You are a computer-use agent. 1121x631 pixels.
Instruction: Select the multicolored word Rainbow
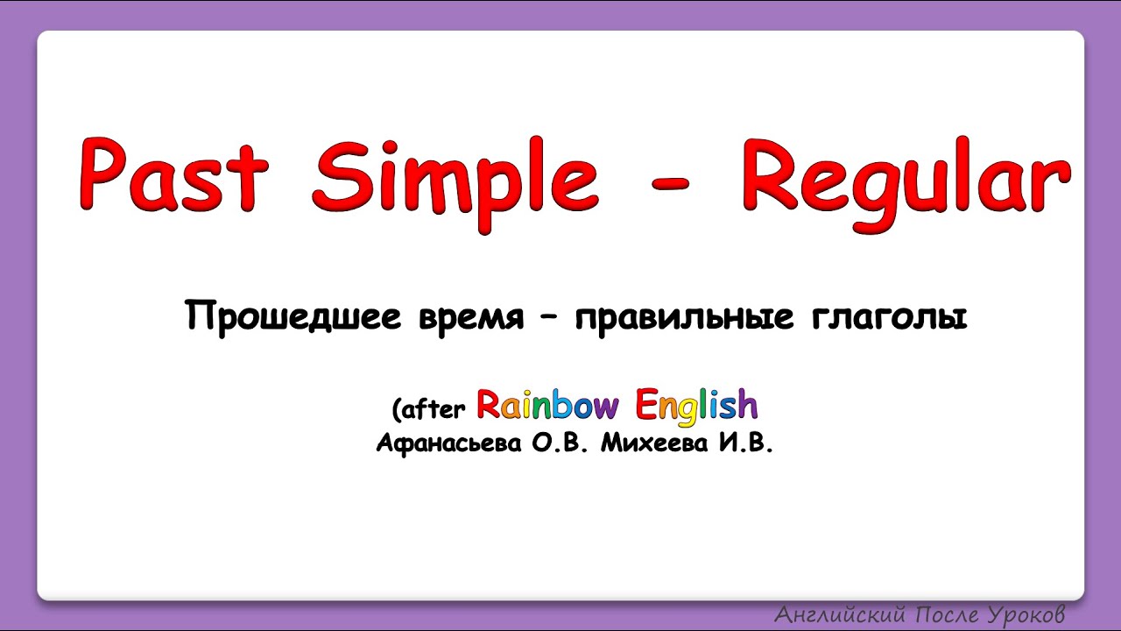pyautogui.click(x=547, y=405)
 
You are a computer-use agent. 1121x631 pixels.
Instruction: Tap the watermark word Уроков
pyautogui.click(x=1023, y=613)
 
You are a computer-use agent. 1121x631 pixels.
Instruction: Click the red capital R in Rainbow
pyautogui.click(x=488, y=405)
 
